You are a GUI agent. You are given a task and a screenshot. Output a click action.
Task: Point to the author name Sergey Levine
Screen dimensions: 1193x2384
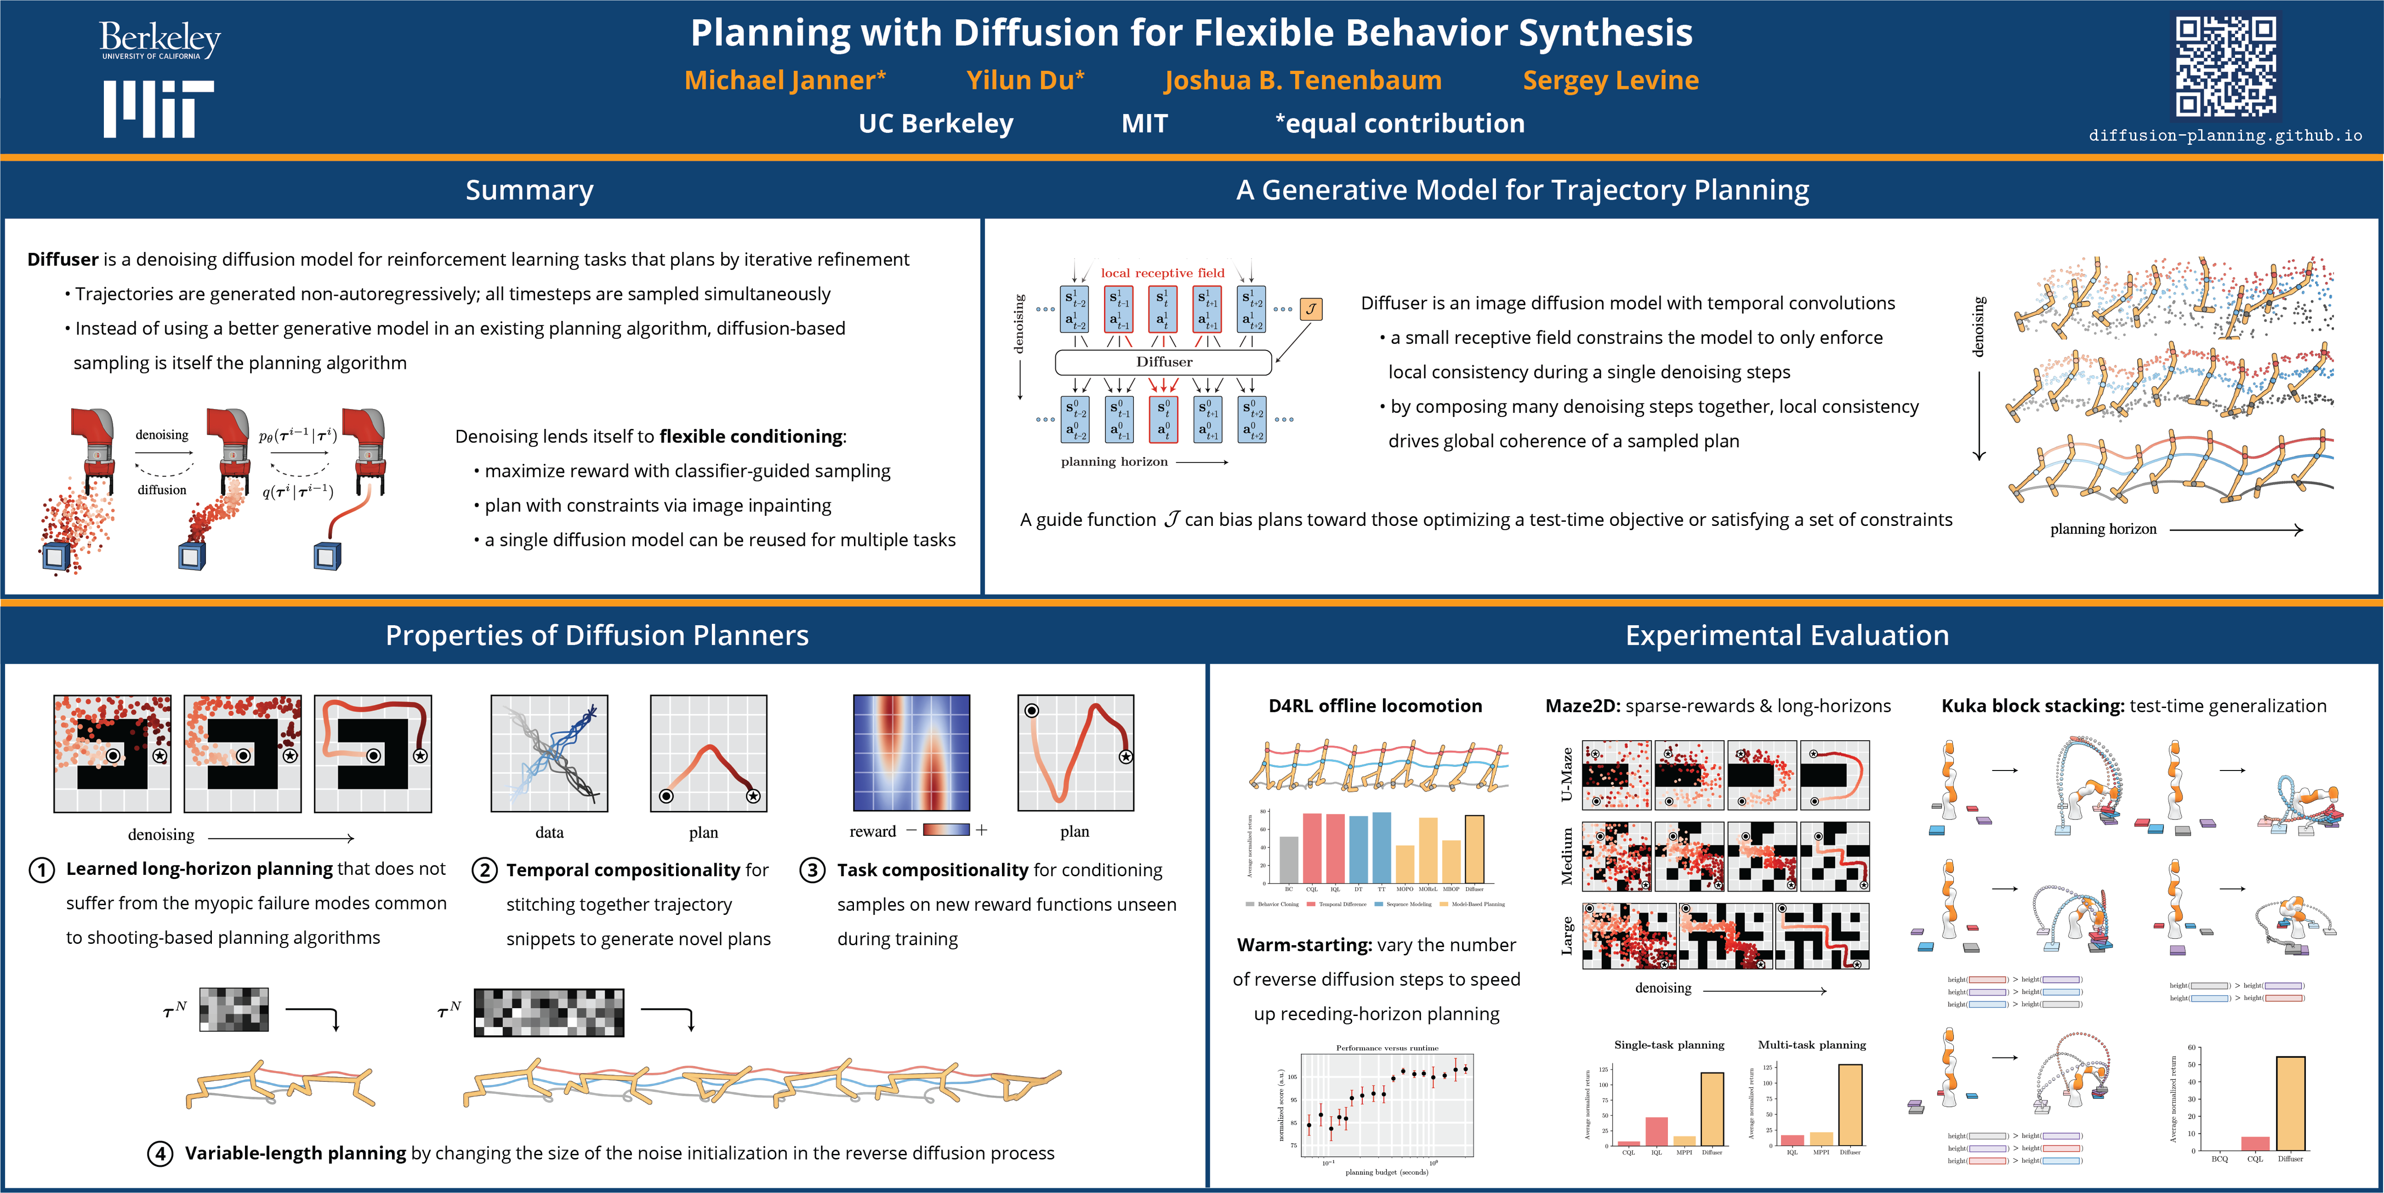coord(1610,81)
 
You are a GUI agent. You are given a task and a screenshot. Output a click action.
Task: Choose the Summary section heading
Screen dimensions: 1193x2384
coord(529,190)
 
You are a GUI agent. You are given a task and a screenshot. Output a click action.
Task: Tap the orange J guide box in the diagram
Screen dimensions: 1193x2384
coord(1310,309)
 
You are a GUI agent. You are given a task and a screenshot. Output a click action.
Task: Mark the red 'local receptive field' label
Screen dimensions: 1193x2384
coord(1162,273)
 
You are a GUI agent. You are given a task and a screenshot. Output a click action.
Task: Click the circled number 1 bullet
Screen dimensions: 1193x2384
coord(41,870)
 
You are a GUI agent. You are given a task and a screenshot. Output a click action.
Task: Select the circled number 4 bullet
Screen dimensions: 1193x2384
coord(160,1153)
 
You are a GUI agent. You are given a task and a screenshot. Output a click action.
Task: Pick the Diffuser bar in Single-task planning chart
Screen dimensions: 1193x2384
coord(1712,1109)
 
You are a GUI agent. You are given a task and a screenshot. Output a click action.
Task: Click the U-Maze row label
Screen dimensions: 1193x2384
coord(1566,775)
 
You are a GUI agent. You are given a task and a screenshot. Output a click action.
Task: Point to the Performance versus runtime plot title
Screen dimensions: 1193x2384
coord(1386,1048)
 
